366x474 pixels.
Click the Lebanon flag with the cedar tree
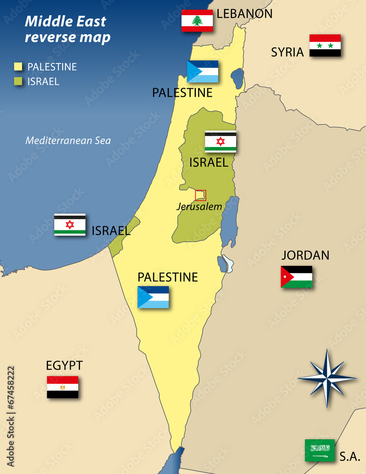coord(197,20)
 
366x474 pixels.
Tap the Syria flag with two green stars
coord(325,46)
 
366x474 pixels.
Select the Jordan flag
coord(296,277)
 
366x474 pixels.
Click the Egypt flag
coord(63,387)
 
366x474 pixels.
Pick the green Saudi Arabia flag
coord(320,450)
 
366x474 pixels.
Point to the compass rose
coord(327,378)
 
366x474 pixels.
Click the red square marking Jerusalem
coord(201,195)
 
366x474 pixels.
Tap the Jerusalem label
coord(199,207)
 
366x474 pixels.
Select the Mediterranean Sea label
coord(68,140)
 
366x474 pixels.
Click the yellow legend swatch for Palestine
coord(18,67)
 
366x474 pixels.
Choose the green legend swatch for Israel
coord(18,82)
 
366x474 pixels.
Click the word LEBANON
coord(245,14)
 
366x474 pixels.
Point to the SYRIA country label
coord(287,52)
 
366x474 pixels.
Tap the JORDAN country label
coord(305,255)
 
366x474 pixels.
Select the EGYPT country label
coord(64,365)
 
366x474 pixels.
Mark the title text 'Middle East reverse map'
coord(67,29)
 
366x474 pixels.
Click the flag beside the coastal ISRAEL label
coord(70,225)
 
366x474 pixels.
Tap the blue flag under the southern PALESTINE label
coord(153,297)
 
